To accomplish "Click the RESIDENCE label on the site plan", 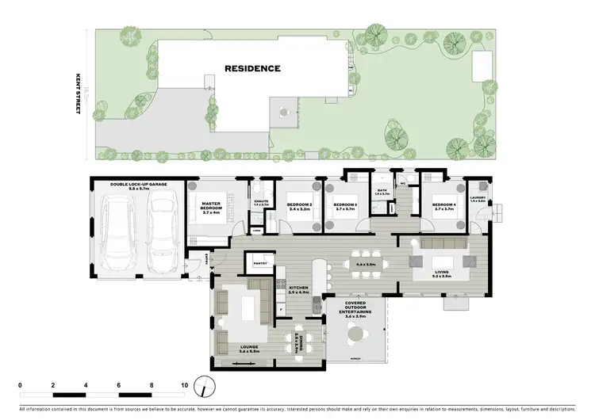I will tap(252, 68).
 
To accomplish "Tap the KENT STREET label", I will tap(78, 96).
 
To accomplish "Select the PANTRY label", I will tap(259, 262).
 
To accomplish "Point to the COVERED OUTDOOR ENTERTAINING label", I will tap(355, 308).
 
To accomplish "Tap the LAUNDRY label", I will tap(478, 200).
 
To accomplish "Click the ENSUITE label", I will tap(259, 201).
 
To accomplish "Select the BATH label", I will tap(382, 192).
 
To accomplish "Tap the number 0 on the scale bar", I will tap(19, 384).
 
